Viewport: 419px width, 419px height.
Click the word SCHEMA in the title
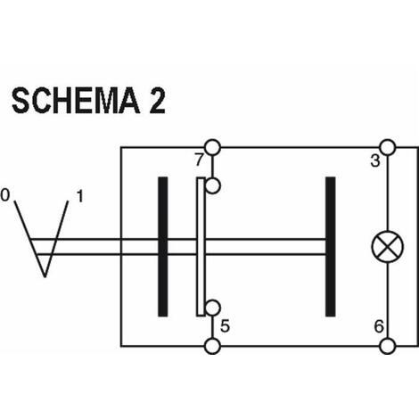tap(76, 101)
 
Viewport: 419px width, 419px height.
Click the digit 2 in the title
tap(157, 101)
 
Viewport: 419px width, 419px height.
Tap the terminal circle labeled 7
tap(212, 147)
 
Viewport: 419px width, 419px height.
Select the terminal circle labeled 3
tap(388, 147)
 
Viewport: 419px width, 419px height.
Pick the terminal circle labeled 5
tap(212, 346)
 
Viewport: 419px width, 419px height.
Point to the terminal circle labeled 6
tap(388, 346)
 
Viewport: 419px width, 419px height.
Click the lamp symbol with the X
tap(388, 246)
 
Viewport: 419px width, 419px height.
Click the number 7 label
tap(199, 160)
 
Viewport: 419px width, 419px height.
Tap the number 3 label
tap(375, 161)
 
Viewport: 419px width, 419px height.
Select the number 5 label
tap(225, 326)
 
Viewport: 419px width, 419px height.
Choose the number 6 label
tap(379, 326)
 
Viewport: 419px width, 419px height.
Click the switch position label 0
tap(5, 195)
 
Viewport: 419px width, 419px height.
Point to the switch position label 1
tap(80, 196)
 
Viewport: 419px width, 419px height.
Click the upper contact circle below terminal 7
tap(212, 186)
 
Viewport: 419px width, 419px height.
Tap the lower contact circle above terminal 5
tap(212, 308)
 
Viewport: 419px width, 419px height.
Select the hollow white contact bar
tap(201, 247)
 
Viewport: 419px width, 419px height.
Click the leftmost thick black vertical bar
tap(162, 247)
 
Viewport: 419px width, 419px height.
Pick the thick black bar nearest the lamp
tap(331, 247)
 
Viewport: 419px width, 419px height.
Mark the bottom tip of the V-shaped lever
tap(45, 276)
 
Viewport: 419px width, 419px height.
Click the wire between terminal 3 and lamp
tap(388, 193)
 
